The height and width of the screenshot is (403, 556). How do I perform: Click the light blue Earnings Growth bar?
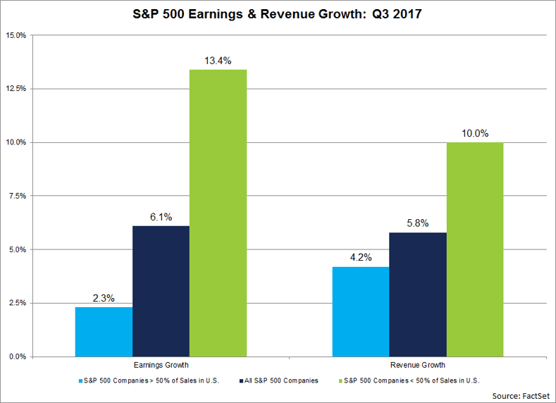coord(104,331)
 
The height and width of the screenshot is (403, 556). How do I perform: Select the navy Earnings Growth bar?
coord(161,291)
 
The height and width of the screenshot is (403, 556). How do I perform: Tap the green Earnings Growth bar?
coord(218,213)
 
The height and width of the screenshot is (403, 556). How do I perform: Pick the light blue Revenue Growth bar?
coord(360,311)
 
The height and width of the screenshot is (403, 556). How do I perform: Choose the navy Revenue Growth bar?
coord(417,294)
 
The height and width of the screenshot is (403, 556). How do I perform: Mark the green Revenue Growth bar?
coord(474,249)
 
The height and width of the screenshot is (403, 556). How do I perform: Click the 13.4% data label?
coord(218,61)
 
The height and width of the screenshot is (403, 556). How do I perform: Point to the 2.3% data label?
coord(104,298)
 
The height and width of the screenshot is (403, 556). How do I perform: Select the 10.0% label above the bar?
coord(474,133)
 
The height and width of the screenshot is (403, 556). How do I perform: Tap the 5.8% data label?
coord(417,223)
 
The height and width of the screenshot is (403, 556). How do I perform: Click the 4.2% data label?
coord(360,258)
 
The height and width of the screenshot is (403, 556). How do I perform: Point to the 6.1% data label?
coord(161,217)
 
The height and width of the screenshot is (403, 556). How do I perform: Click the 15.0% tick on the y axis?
coord(16,35)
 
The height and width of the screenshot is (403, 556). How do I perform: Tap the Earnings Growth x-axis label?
coord(161,365)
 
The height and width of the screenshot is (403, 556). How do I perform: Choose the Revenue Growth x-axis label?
coord(417,365)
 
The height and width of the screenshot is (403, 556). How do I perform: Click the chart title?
coord(277,13)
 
